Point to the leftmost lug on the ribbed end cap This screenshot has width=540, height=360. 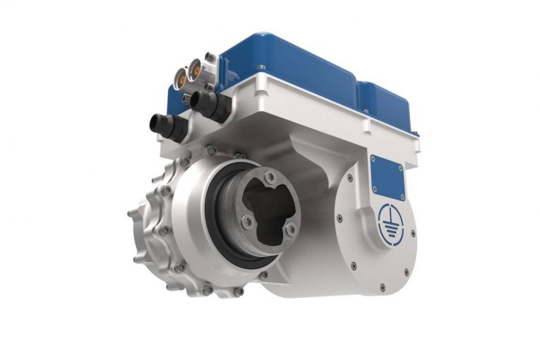[x=131, y=212]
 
